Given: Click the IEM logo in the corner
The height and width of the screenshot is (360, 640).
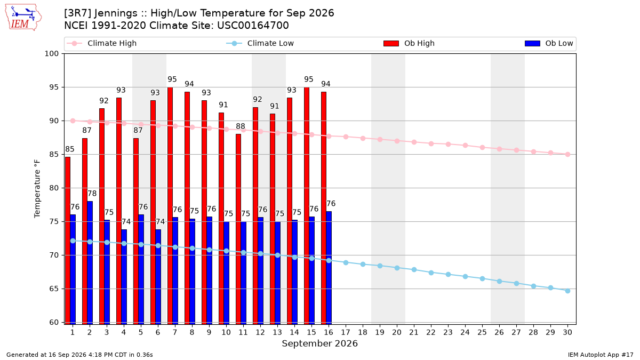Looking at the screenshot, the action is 23,17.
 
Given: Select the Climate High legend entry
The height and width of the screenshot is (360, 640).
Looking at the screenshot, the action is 102,43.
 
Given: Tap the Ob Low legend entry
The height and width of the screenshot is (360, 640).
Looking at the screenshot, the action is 549,43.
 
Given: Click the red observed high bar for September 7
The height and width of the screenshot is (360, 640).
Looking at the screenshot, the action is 170,206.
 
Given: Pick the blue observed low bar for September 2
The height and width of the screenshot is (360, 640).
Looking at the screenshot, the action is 90,263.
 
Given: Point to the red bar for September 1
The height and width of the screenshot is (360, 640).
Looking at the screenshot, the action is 68,241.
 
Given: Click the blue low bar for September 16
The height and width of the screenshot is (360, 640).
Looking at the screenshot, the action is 329,268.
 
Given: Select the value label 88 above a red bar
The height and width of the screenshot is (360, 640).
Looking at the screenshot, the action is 241,126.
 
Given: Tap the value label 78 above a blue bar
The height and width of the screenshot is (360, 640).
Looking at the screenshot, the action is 92,194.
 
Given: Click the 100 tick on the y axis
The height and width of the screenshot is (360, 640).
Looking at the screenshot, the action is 51,54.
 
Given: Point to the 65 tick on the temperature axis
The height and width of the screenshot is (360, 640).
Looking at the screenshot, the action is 54,289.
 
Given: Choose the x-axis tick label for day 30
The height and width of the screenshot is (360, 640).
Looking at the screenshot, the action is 567,332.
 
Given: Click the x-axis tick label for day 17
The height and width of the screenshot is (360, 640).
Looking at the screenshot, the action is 346,332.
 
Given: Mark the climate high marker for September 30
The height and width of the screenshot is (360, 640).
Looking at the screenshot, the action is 567,154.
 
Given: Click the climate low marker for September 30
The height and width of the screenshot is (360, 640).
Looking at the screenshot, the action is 567,291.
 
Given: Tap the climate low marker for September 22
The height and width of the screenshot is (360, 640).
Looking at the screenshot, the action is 431,273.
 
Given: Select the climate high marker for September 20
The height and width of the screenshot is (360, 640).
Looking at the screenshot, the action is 397,141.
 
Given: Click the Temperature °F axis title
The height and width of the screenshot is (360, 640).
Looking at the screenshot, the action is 37,189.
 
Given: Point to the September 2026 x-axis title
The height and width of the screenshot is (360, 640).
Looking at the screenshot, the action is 319,343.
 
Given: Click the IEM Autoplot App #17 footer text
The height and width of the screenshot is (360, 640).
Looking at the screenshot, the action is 601,355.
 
